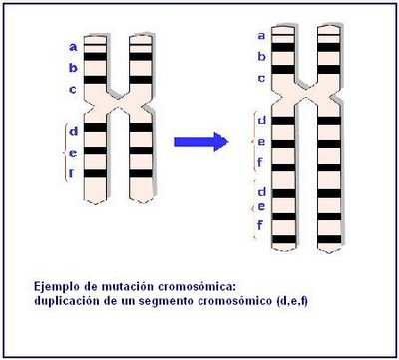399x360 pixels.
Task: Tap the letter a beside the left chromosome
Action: [x=72, y=46]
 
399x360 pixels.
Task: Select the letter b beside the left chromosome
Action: [x=72, y=68]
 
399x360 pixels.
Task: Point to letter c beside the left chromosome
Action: [x=72, y=89]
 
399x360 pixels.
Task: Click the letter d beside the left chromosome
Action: [x=74, y=130]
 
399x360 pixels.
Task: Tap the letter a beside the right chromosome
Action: [x=261, y=36]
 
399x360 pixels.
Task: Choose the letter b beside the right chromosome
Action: [x=261, y=57]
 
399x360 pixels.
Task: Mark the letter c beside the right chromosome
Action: [x=261, y=78]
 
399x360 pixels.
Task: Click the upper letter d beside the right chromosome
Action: [x=260, y=121]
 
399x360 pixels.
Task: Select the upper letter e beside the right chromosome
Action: [x=260, y=141]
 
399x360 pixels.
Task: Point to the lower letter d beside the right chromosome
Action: [x=260, y=190]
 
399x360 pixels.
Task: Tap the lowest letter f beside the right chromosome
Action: [x=260, y=225]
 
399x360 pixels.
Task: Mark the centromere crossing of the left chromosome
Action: [x=117, y=101]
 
